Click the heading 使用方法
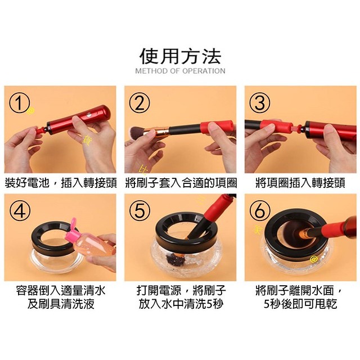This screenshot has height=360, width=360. coord(180,56)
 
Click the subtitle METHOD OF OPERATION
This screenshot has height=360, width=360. coord(180,71)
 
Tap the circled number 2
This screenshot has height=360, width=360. coord(139,103)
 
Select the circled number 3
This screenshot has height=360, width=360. coord(260,103)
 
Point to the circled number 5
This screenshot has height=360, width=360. coord(139,210)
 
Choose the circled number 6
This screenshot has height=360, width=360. coord(260,210)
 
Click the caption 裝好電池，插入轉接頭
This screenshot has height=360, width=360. coord(60,183)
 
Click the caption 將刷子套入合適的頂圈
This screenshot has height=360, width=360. coord(180,183)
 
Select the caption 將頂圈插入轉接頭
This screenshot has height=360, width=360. coord(300,183)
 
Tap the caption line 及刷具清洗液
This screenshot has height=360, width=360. coord(60,304)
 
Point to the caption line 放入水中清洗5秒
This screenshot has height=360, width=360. coord(180,304)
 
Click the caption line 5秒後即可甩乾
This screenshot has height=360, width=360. coord(300,304)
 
